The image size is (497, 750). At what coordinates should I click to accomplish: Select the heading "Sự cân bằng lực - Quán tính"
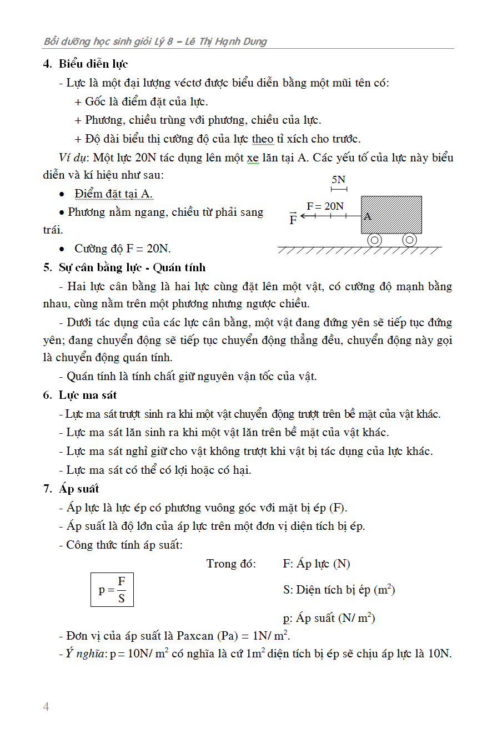coord(132,267)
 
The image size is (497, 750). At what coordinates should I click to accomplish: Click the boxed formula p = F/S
coord(112,590)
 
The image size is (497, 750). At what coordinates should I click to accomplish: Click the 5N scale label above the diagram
coord(338,180)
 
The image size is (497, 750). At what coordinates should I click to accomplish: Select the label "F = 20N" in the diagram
coord(325,206)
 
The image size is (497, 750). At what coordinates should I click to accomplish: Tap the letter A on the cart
coord(367,217)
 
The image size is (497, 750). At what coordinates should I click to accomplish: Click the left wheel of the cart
coord(375,240)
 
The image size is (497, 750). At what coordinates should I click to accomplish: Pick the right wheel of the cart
coord(409,240)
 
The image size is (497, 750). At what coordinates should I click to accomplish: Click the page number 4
coord(46,707)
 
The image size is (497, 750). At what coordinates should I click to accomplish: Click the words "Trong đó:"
coord(231,564)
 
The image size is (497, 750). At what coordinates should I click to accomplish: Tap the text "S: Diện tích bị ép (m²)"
coord(339,590)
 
